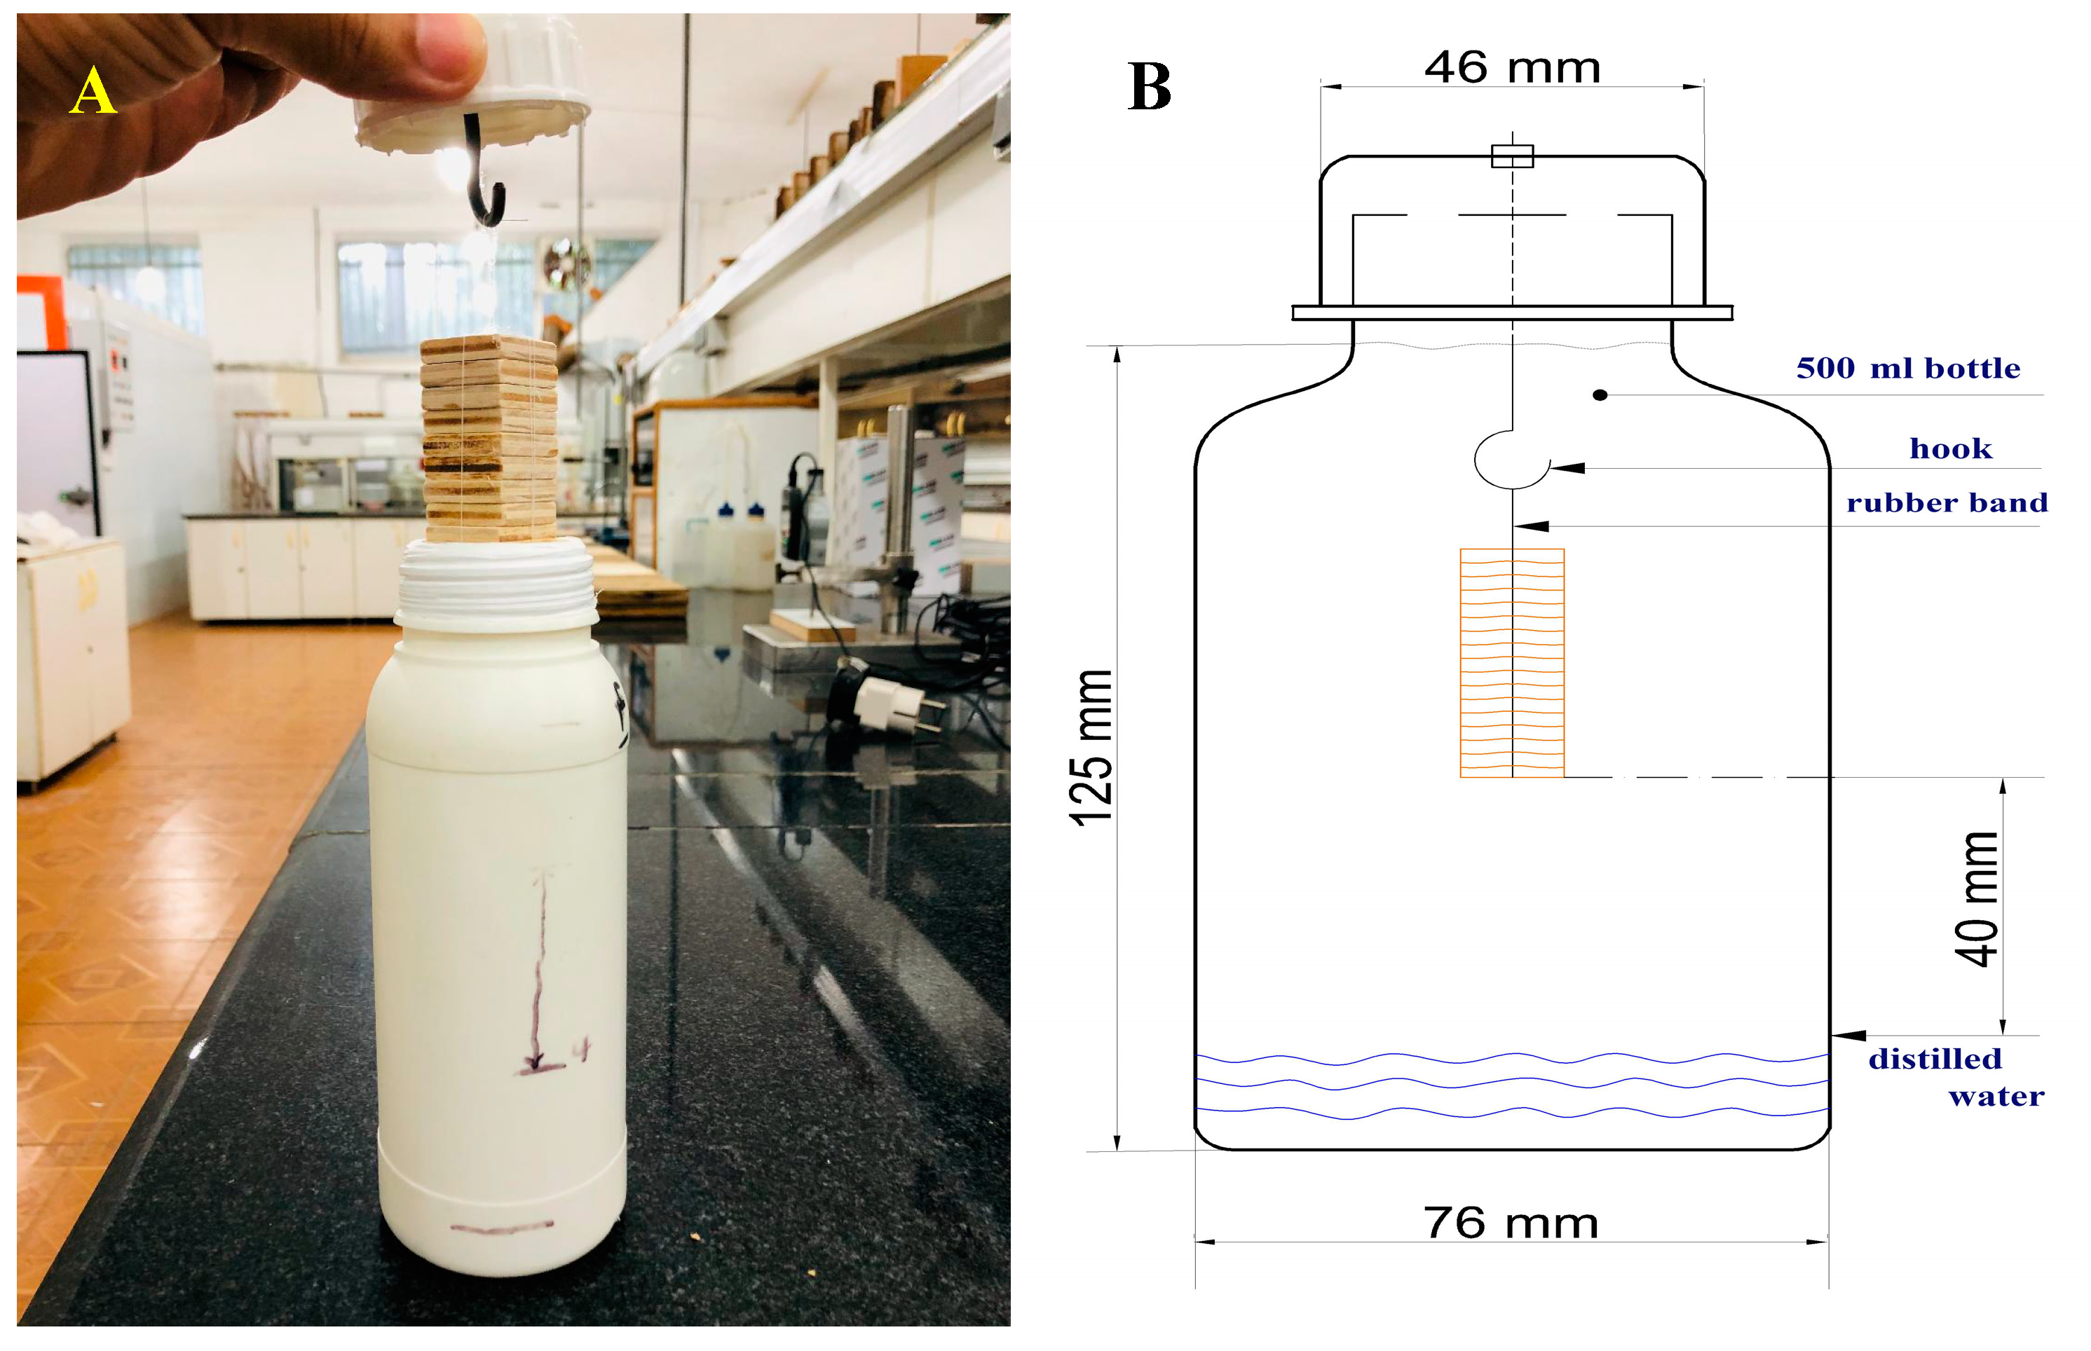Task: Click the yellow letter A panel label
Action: tap(92, 91)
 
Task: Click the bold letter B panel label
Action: tap(1149, 87)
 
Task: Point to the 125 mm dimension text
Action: tap(1091, 748)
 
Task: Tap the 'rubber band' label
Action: tap(1946, 502)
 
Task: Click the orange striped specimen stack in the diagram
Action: tap(1511, 662)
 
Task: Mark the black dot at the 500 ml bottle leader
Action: tap(1600, 396)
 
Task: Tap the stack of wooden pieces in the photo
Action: tap(489, 439)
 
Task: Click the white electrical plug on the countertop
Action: tap(886, 703)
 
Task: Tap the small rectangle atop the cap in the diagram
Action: tap(1512, 156)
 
